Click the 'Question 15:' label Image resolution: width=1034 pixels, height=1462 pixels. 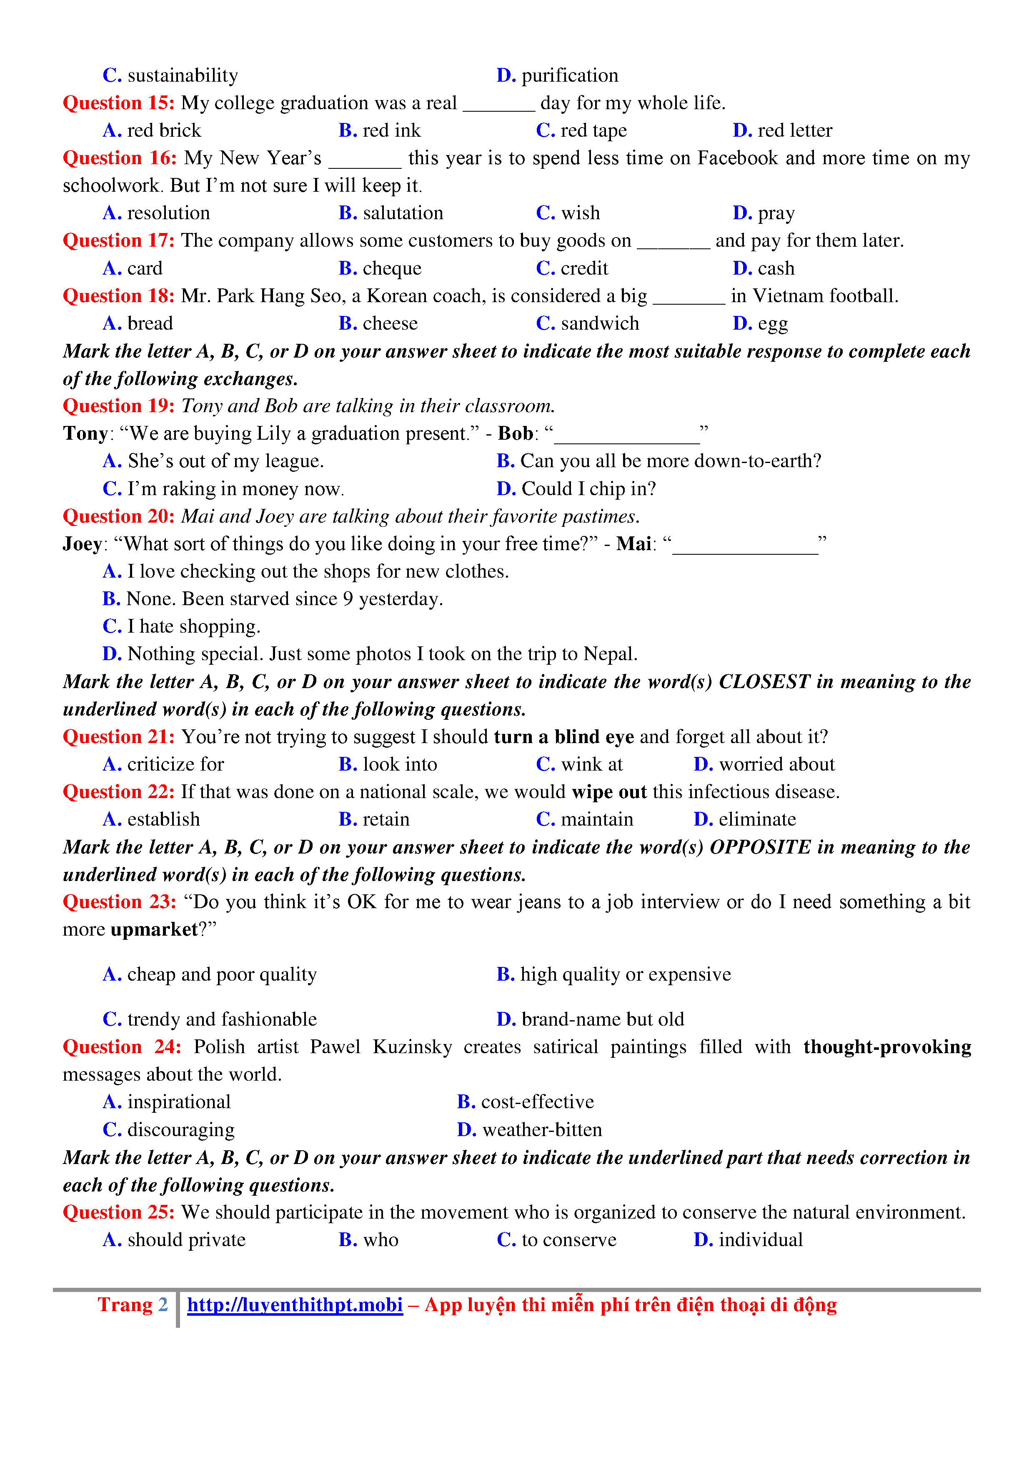pyautogui.click(x=118, y=103)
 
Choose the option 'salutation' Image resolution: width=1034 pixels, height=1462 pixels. pyautogui.click(x=403, y=213)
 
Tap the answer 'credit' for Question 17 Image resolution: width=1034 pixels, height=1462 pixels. pyautogui.click(x=584, y=269)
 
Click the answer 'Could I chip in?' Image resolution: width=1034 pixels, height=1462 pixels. pyautogui.click(x=588, y=489)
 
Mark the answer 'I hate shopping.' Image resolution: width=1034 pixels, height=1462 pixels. pyautogui.click(x=193, y=626)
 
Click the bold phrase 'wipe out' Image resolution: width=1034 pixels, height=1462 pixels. pyautogui.click(x=608, y=792)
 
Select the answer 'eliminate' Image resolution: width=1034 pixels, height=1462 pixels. pyautogui.click(x=757, y=819)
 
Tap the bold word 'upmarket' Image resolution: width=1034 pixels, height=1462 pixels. pyautogui.click(x=154, y=930)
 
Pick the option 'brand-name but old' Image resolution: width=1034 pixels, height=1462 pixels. pyautogui.click(x=602, y=1019)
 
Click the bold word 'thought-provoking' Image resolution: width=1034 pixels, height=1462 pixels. pyautogui.click(x=886, y=1047)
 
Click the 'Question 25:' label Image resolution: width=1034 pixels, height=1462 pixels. pyautogui.click(x=118, y=1212)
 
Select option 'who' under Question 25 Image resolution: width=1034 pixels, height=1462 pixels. pyautogui.click(x=380, y=1240)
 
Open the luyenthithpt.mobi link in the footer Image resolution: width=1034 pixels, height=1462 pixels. pyautogui.click(x=295, y=1305)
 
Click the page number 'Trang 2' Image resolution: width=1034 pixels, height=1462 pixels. pyautogui.click(x=133, y=1305)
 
